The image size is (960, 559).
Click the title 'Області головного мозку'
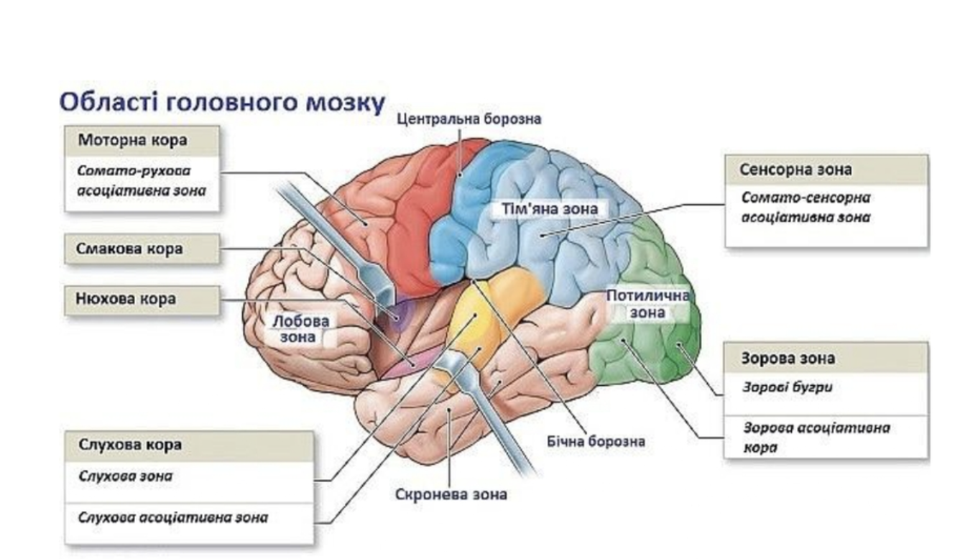(x=222, y=102)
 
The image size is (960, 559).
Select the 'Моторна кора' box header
(x=132, y=140)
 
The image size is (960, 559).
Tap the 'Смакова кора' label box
(x=129, y=249)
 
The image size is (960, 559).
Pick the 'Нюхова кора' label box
(x=126, y=299)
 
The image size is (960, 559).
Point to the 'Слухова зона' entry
(x=125, y=476)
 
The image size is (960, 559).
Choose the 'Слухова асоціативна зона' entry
(x=172, y=517)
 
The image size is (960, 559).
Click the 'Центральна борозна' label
(x=469, y=119)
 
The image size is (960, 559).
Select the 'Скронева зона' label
(x=451, y=495)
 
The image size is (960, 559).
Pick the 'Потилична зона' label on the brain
(x=647, y=304)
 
